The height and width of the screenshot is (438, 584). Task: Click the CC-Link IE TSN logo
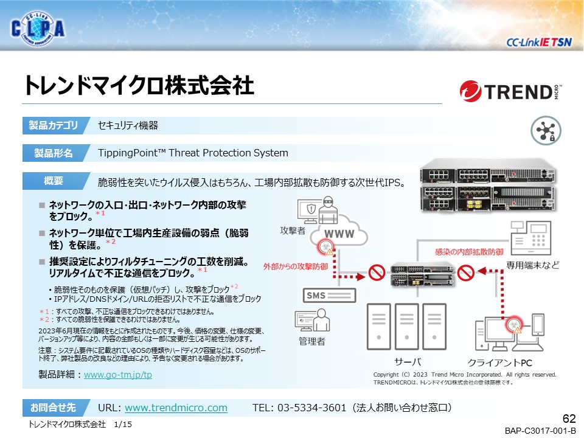point(539,43)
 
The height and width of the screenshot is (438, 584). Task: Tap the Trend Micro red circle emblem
point(470,91)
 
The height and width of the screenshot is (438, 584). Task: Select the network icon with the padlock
point(546,130)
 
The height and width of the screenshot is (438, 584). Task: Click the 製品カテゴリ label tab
point(55,125)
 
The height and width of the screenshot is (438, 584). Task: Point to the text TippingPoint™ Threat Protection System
point(193,153)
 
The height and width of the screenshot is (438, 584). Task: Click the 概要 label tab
point(55,181)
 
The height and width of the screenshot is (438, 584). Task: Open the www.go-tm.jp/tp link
point(117,375)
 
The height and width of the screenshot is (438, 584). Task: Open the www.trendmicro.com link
point(176,408)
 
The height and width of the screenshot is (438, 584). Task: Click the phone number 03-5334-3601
point(311,408)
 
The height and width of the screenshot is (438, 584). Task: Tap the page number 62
point(569,419)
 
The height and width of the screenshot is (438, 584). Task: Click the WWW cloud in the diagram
point(339,232)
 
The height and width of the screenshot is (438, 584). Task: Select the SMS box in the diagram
point(329,296)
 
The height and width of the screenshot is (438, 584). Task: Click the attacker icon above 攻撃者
point(318,210)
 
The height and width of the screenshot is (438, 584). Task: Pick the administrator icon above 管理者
point(312,321)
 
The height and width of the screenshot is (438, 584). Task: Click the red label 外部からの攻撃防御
point(296,266)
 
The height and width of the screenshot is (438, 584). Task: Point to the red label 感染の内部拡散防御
point(469,252)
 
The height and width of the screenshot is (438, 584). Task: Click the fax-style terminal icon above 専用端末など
point(530,238)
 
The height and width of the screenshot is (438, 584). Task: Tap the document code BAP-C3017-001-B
point(540,431)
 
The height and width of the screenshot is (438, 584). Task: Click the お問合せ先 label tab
point(55,408)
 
